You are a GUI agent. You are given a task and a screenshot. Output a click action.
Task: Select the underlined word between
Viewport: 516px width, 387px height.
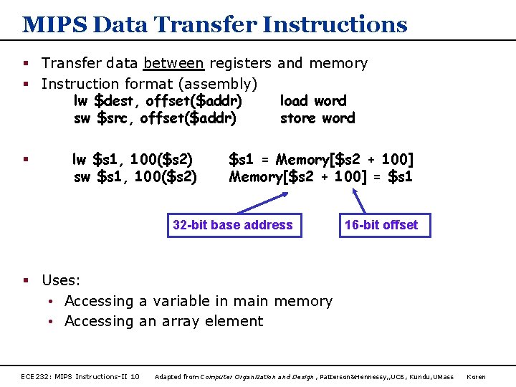click(173, 63)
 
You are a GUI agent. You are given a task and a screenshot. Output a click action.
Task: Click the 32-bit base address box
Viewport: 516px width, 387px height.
click(233, 225)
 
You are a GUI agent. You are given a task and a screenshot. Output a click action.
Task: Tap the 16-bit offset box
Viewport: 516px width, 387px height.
click(381, 225)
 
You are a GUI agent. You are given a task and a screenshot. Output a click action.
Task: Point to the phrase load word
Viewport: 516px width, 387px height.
click(312, 101)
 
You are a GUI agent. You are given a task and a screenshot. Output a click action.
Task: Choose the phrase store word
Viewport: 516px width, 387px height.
click(317, 118)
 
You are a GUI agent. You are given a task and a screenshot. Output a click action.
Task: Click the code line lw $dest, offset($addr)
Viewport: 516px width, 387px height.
click(158, 101)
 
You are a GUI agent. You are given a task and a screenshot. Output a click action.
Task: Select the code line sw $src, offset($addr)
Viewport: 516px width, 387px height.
click(155, 118)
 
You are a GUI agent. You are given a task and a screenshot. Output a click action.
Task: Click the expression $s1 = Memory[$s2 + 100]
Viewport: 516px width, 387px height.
click(320, 159)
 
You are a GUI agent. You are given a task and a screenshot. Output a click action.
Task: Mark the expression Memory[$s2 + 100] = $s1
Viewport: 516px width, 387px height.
click(320, 176)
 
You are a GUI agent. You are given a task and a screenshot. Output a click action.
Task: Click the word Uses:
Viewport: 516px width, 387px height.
click(61, 280)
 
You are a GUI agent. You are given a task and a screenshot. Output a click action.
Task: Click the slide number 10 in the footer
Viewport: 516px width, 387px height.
click(135, 376)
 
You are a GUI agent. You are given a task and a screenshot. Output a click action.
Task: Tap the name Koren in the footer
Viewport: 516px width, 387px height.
click(477, 376)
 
